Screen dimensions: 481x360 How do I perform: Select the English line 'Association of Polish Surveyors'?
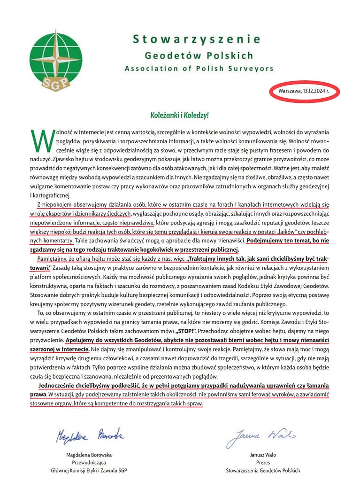coord(199,69)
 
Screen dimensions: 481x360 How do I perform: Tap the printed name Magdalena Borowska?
coord(89,455)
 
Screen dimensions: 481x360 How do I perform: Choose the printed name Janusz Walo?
coord(262,455)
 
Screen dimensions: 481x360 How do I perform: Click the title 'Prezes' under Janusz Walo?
coord(262,462)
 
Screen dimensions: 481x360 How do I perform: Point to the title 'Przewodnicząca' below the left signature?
coord(89,462)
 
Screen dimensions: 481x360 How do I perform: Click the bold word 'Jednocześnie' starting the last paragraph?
coord(59,385)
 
